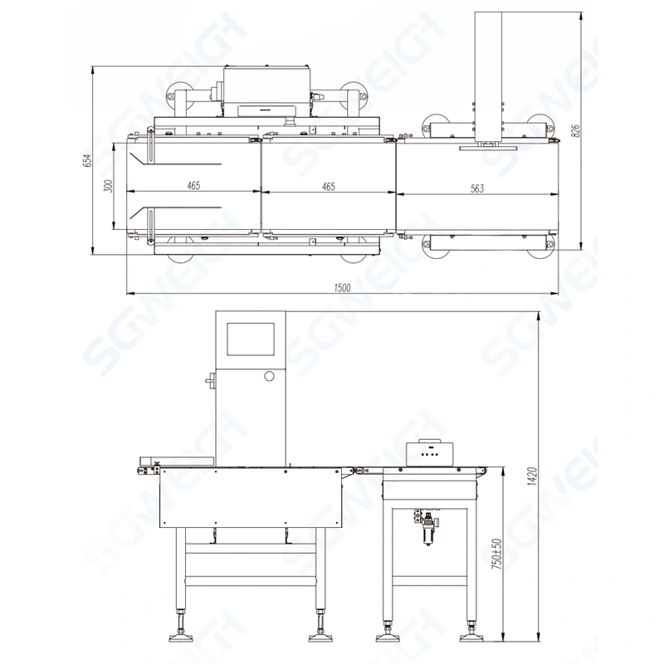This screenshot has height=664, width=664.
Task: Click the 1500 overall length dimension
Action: coord(342,287)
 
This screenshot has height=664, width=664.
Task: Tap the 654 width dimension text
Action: coord(86,159)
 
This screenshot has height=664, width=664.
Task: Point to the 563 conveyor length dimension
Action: coord(476,188)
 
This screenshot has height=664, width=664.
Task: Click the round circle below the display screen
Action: coord(269,377)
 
